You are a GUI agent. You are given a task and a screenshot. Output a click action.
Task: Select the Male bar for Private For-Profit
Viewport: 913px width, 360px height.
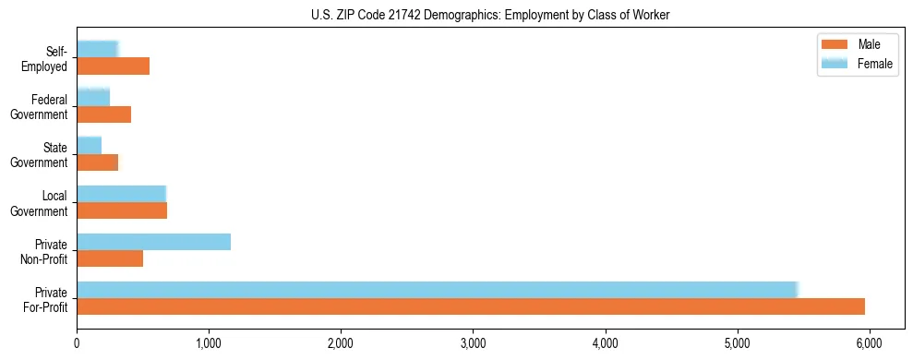click(471, 306)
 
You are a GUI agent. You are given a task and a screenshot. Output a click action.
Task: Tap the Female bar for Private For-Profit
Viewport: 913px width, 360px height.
click(437, 290)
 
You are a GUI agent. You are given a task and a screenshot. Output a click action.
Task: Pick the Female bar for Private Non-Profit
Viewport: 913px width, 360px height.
click(153, 242)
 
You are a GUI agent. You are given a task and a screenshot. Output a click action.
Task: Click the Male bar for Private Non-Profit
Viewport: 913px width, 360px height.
click(110, 258)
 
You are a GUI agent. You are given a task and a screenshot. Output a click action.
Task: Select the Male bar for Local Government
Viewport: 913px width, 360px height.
click(122, 210)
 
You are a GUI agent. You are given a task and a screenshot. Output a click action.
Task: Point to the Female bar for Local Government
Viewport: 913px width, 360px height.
click(121, 194)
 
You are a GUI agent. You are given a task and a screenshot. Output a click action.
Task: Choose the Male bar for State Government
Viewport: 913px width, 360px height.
click(97, 162)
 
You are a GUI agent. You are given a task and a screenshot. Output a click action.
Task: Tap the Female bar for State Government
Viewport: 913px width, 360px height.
click(89, 146)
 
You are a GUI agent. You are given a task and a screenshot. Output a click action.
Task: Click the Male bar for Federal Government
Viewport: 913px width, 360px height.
click(103, 114)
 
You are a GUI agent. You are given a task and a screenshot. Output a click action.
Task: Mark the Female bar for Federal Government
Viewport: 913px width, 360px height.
click(93, 98)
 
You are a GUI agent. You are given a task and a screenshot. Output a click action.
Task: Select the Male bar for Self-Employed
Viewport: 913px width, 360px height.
click(113, 66)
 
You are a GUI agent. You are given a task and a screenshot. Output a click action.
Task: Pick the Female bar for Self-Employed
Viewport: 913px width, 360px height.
click(97, 50)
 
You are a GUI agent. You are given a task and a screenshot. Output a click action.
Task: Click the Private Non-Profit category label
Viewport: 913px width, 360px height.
click(49, 250)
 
